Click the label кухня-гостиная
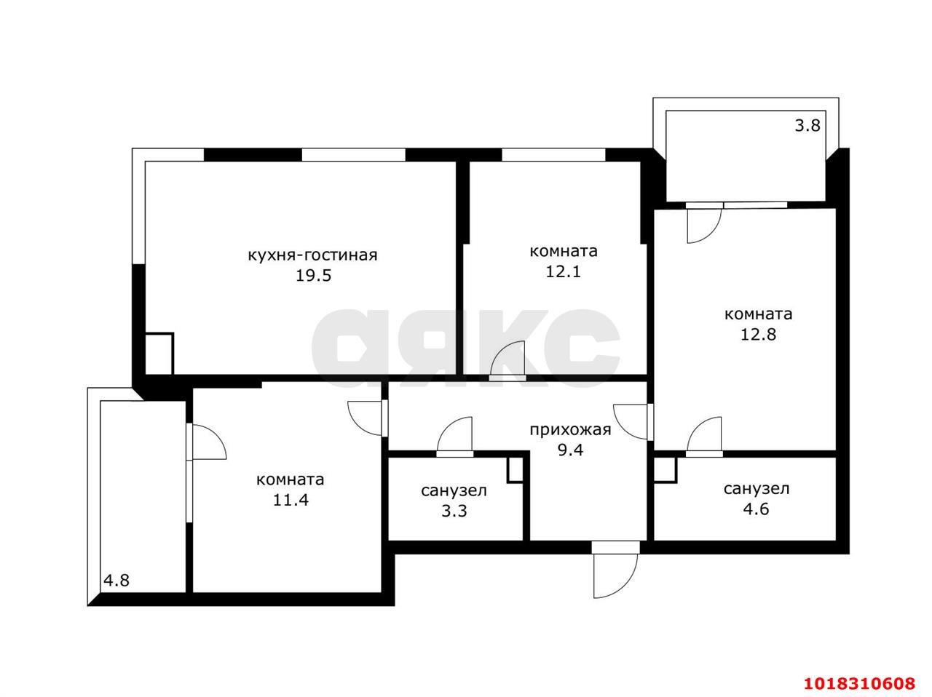click(x=312, y=255)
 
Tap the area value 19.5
click(x=313, y=276)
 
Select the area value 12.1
click(x=563, y=271)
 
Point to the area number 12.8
click(x=758, y=334)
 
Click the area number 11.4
click(x=291, y=500)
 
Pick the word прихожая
click(x=570, y=430)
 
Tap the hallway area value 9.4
click(x=570, y=450)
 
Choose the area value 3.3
click(x=454, y=511)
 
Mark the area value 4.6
click(x=757, y=509)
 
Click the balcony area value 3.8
click(x=807, y=126)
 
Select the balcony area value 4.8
click(x=116, y=581)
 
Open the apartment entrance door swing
click(x=615, y=571)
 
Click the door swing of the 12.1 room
click(x=508, y=360)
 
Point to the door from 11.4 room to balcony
click(x=206, y=442)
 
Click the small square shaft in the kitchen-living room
click(x=159, y=354)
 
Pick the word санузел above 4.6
click(x=757, y=489)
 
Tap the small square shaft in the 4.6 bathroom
click(x=665, y=469)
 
